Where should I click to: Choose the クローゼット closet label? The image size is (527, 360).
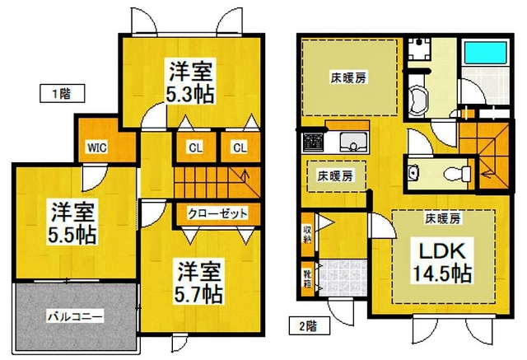click(x=217, y=213)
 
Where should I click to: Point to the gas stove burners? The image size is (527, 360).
click(x=313, y=141)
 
